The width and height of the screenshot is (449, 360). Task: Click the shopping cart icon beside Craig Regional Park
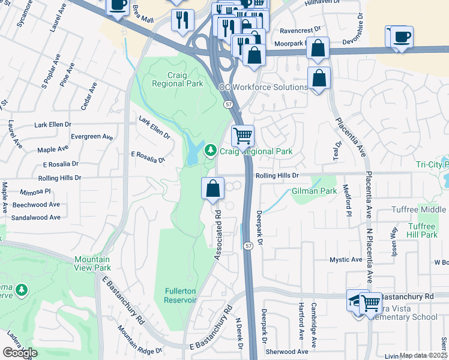[243, 136]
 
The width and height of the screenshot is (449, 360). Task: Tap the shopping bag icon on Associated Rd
[212, 188]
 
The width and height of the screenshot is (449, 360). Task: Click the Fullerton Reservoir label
[181, 295]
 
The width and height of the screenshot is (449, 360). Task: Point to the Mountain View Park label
[92, 263]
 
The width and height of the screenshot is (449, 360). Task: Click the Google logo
[20, 352]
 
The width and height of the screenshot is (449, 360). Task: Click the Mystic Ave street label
[346, 260]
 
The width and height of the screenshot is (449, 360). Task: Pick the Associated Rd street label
[217, 235]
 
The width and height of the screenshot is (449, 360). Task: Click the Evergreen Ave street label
[91, 137]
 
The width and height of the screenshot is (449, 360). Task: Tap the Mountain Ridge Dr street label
[140, 340]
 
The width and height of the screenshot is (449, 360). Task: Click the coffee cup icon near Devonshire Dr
[400, 37]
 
